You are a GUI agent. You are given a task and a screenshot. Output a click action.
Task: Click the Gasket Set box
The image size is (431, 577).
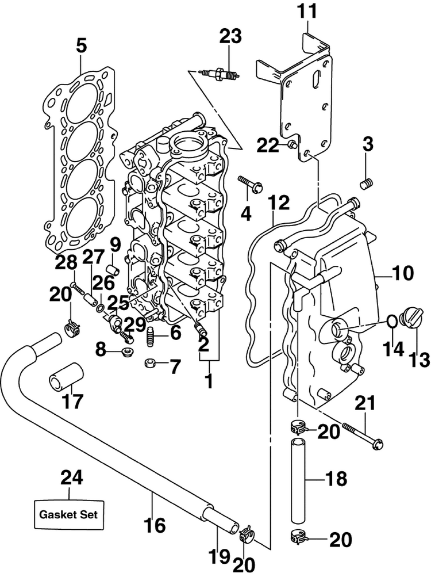[69, 514]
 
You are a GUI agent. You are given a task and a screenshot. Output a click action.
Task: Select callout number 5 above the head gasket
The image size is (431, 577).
[81, 47]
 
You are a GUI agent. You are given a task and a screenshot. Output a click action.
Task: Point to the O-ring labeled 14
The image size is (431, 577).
[392, 321]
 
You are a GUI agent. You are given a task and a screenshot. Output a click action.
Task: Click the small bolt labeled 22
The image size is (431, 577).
[293, 144]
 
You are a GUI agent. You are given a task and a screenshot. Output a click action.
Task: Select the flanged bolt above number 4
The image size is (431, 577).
[249, 184]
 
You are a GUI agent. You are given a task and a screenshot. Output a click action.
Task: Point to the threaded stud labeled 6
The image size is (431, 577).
[151, 337]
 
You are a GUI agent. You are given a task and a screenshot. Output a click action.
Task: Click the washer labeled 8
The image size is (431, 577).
[128, 350]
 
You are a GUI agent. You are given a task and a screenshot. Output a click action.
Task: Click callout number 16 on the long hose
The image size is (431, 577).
[154, 525]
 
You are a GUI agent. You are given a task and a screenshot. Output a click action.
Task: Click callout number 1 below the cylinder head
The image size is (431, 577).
[209, 381]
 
